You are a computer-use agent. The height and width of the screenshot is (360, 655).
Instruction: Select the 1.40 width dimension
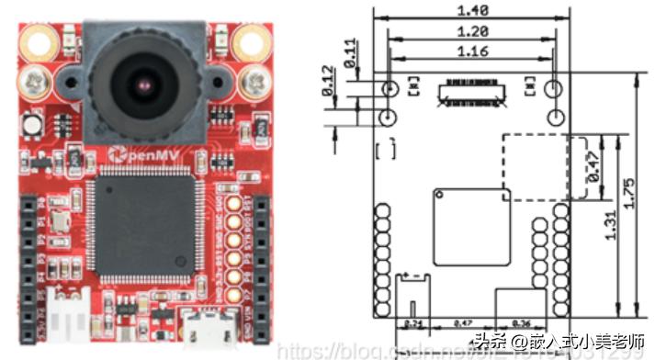(470, 11)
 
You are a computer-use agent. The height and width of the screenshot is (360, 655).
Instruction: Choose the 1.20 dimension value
(470, 30)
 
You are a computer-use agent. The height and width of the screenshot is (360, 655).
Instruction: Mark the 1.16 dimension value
(470, 53)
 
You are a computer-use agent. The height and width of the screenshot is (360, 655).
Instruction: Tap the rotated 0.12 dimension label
(330, 82)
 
